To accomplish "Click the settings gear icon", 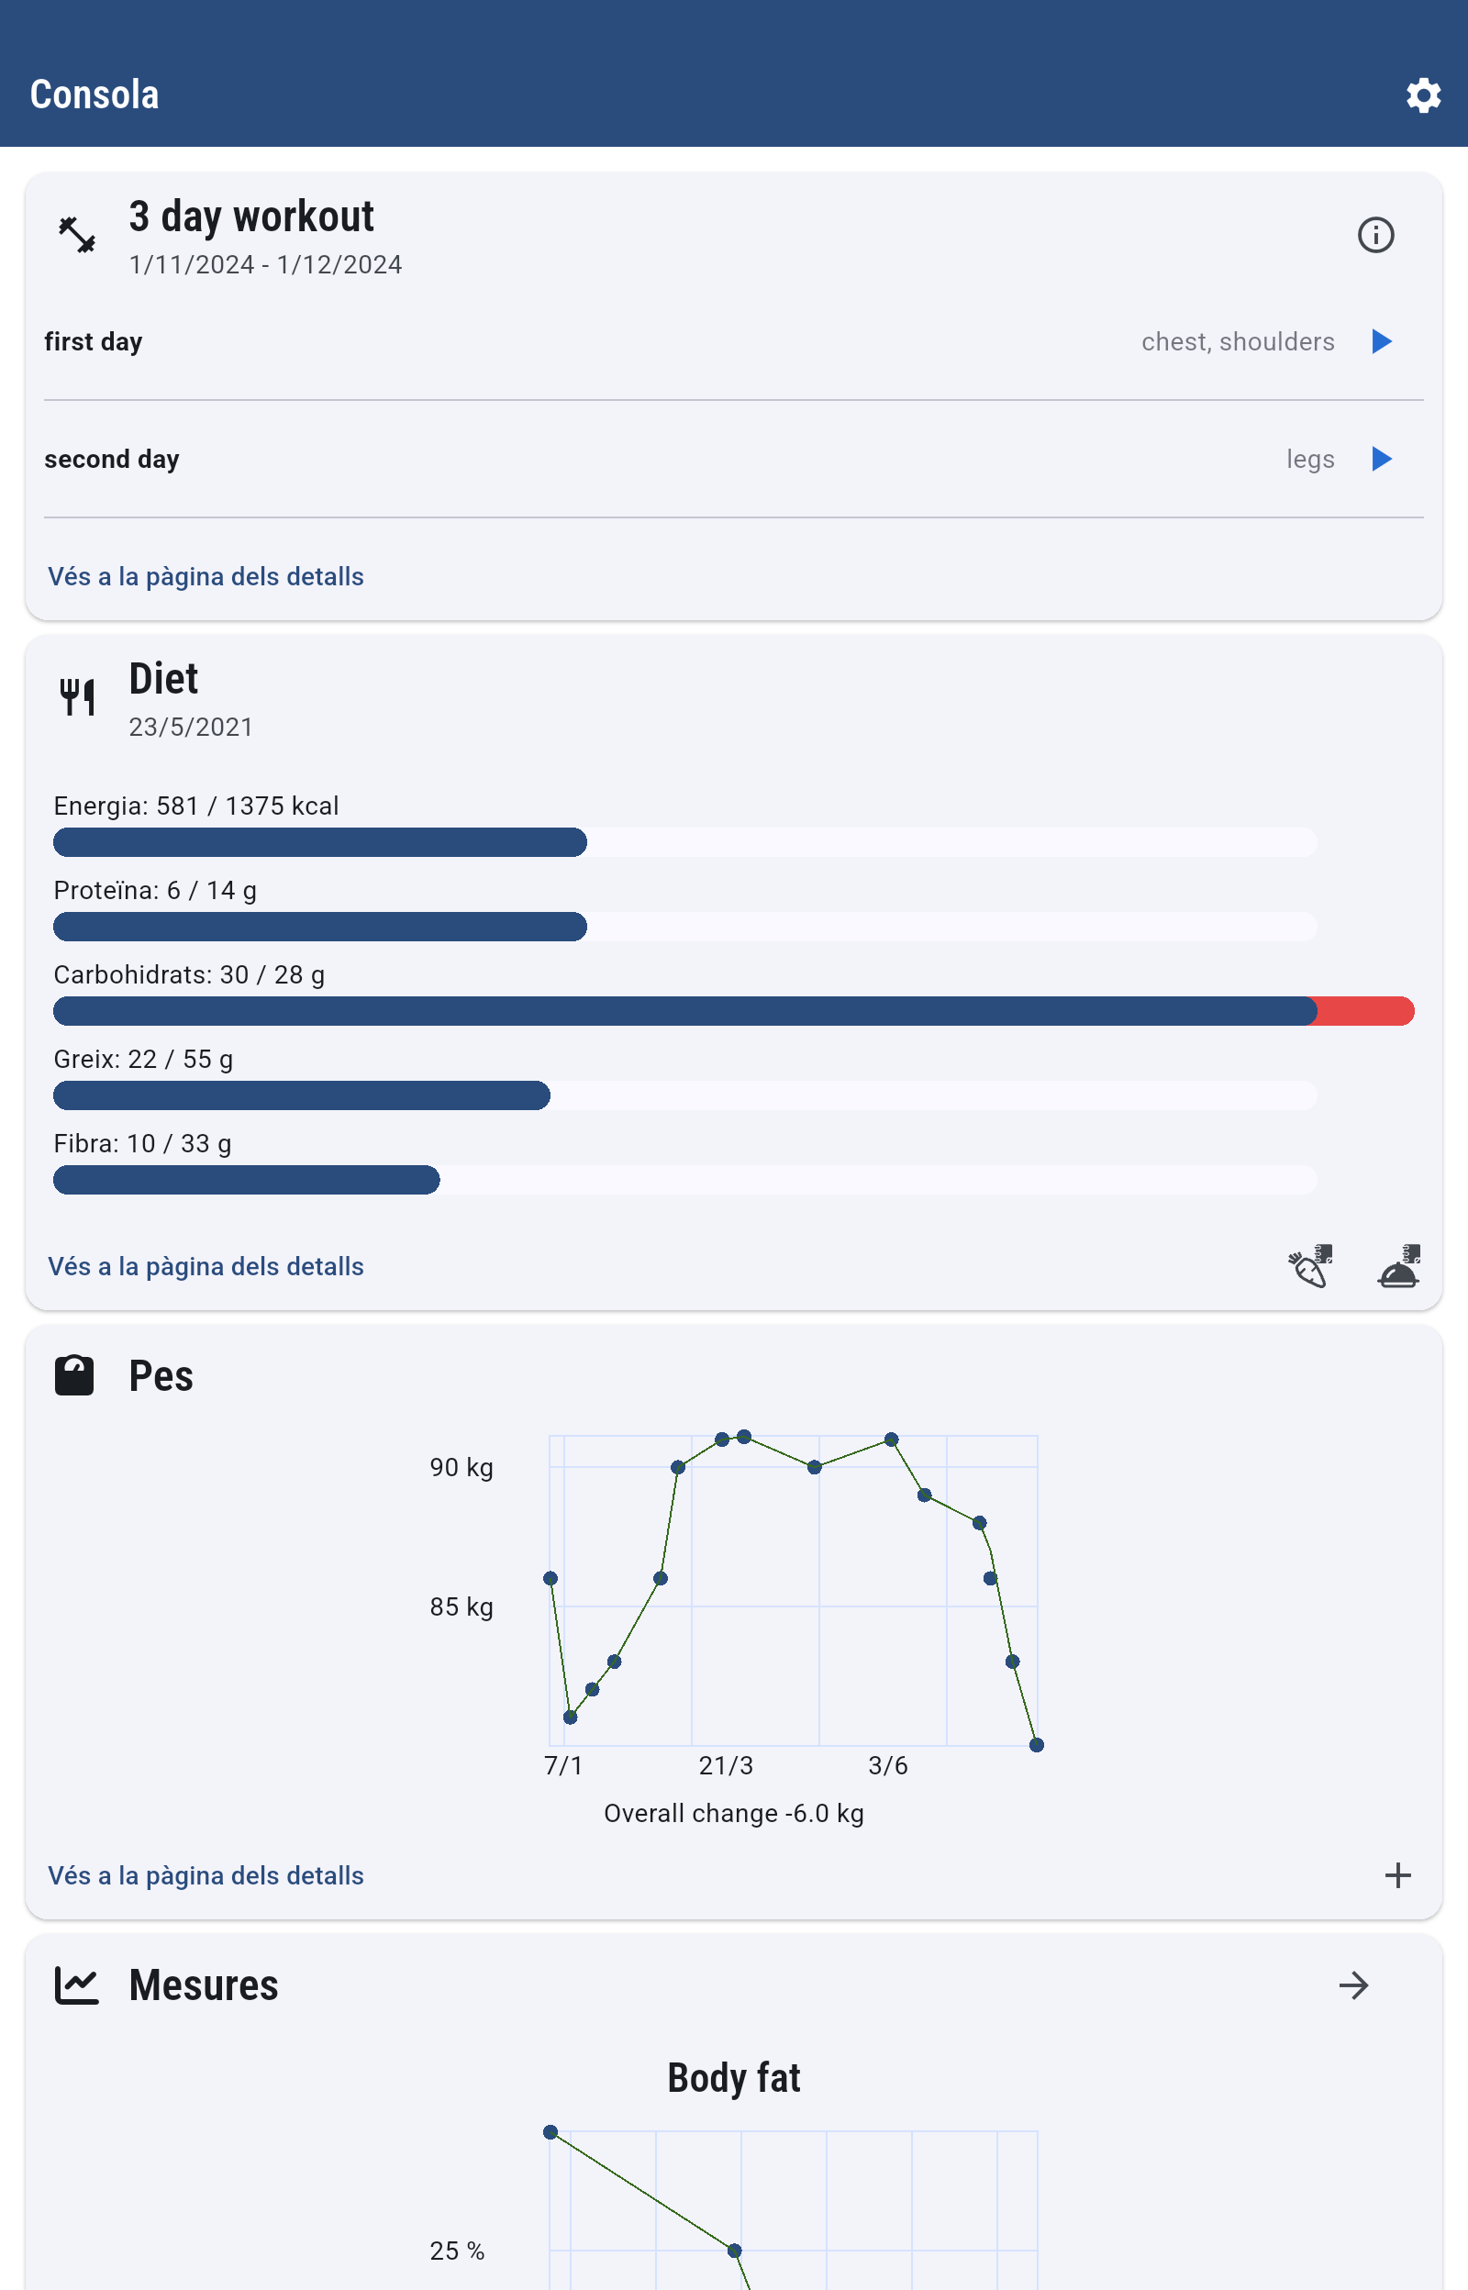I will [x=1422, y=95].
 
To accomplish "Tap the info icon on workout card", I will [x=1374, y=235].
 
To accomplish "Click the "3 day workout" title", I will [x=251, y=217].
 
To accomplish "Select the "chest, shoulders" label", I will [x=1238, y=342].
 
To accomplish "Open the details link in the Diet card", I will [x=206, y=1266].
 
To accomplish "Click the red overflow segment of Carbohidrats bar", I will [x=1364, y=1011].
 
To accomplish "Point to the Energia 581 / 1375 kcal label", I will [x=196, y=806].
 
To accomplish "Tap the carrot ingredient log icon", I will [x=1310, y=1266].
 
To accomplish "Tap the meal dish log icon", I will [x=1398, y=1266].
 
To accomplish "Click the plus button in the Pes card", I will [x=1397, y=1875].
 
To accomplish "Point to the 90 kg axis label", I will [x=462, y=1468].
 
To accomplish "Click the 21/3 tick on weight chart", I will [x=726, y=1766].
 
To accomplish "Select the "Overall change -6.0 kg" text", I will [x=734, y=1814].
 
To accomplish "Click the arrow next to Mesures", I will [x=1352, y=1986].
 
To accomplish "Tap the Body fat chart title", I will [x=734, y=2077].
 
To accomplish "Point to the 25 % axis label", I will [x=458, y=2251].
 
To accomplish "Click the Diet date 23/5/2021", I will [x=192, y=728].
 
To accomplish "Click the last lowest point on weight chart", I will [x=1036, y=1745].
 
